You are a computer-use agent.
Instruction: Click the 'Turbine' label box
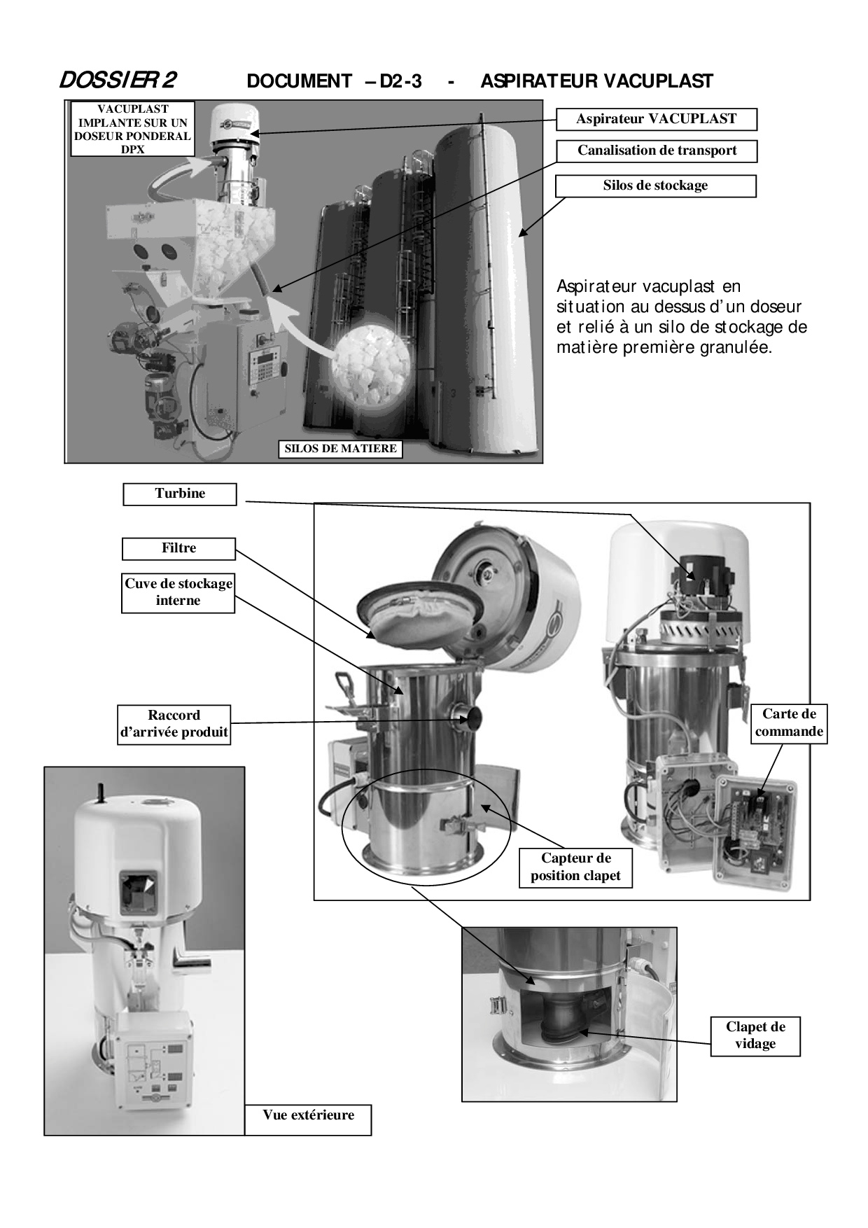click(x=180, y=494)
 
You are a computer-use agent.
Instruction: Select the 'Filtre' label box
click(x=178, y=548)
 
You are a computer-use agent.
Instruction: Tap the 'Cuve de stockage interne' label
click(x=178, y=592)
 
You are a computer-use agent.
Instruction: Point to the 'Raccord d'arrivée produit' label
click(x=174, y=724)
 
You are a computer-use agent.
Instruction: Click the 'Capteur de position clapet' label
click(x=575, y=867)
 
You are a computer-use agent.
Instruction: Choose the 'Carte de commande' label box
click(x=790, y=723)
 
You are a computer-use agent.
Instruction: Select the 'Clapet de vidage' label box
click(x=755, y=1035)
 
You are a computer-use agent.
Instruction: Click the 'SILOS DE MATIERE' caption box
click(x=341, y=449)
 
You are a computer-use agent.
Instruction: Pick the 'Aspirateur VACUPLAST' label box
click(x=657, y=119)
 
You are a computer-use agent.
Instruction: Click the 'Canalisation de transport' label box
click(x=657, y=151)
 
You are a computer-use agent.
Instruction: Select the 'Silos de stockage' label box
click(x=656, y=186)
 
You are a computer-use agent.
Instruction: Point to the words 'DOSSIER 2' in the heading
click(x=118, y=81)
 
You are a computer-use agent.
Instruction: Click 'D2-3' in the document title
click(x=400, y=81)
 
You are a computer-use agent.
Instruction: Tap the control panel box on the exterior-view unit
click(x=153, y=1064)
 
